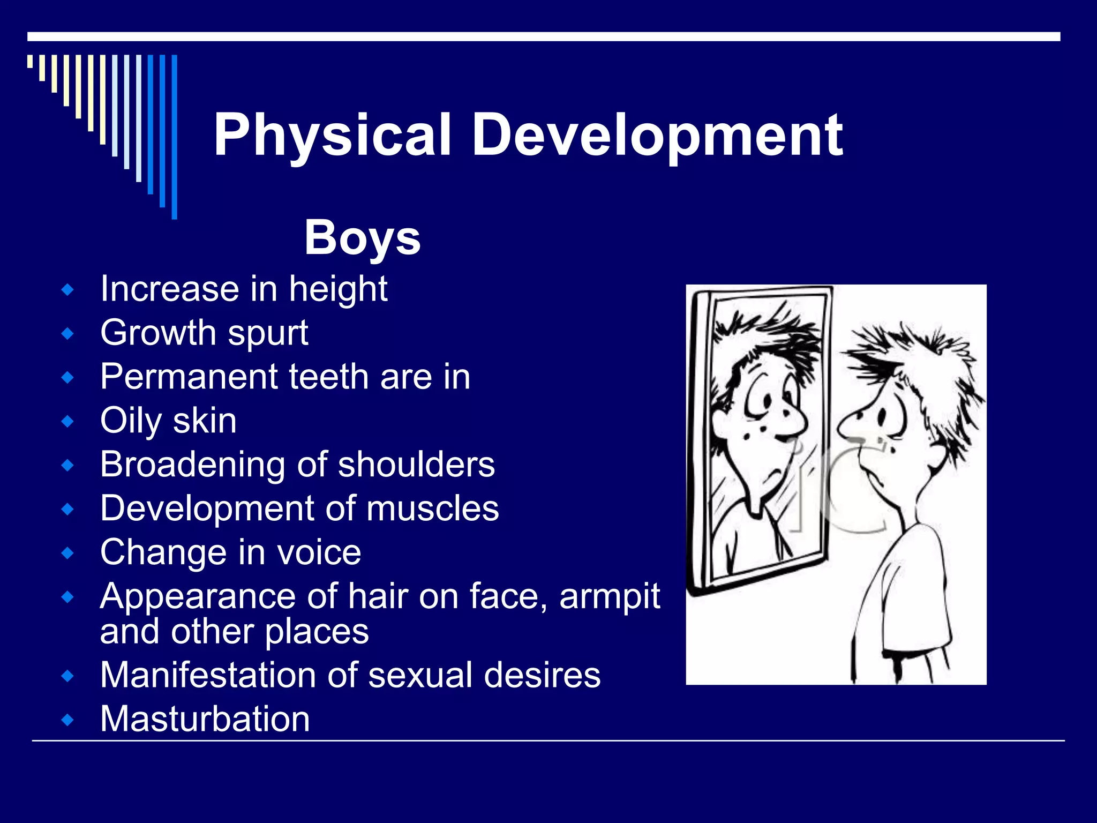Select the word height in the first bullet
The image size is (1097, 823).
click(338, 289)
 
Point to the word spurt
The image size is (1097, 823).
click(268, 334)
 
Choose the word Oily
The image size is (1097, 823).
click(130, 421)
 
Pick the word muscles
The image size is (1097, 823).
click(433, 508)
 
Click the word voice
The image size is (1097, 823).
click(319, 552)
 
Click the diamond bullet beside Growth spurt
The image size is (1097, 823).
click(67, 334)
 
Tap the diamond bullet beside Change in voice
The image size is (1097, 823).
click(67, 552)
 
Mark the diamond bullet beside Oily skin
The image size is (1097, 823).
click(67, 421)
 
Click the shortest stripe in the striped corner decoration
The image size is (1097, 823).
click(30, 61)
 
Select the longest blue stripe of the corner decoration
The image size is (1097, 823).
click(174, 137)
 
